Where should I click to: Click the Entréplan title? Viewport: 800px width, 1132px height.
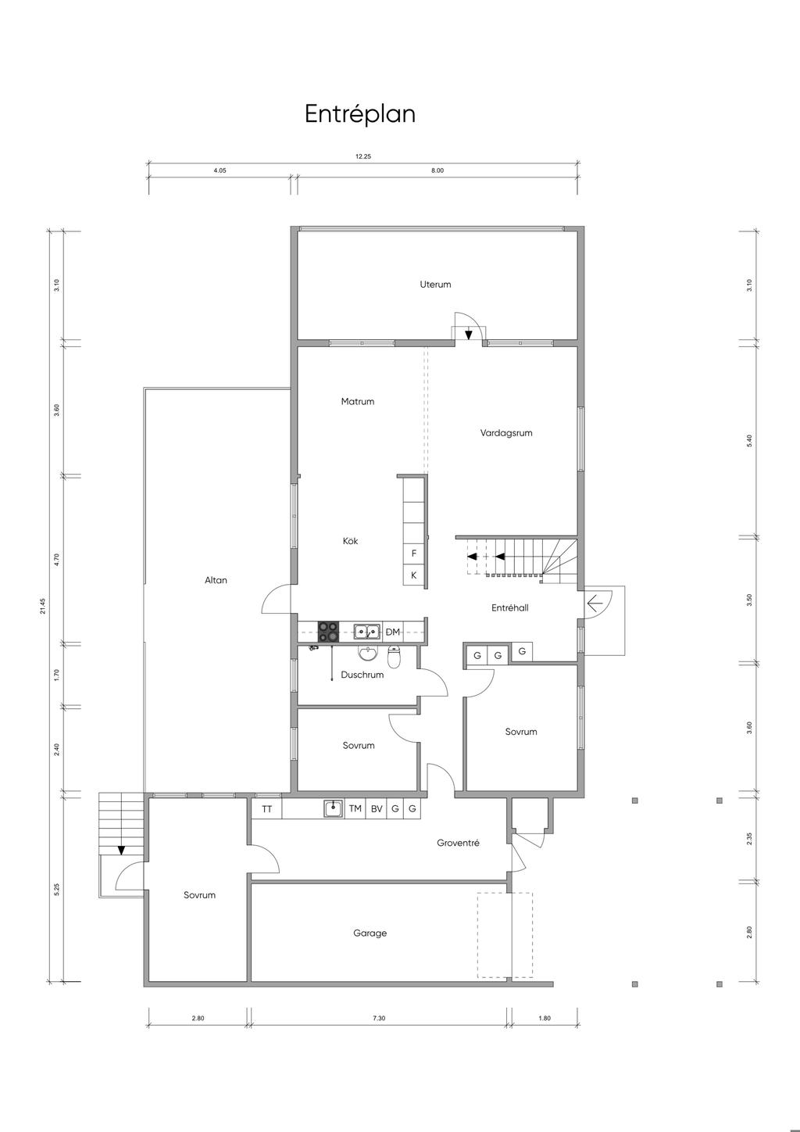pos(360,113)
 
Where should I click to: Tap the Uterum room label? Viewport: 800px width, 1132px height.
pos(435,285)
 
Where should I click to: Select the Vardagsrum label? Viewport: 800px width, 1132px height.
pos(506,433)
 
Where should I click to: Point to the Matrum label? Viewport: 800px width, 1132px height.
pos(358,402)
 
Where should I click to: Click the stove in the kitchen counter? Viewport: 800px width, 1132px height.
pos(328,632)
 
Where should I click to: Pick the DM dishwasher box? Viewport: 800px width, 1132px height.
pos(393,632)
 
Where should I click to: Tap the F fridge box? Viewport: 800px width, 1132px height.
pos(414,553)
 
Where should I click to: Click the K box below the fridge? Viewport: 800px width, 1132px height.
pos(414,575)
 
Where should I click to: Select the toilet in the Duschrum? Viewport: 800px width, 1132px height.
pos(394,656)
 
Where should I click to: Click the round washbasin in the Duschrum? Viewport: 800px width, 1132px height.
pos(369,654)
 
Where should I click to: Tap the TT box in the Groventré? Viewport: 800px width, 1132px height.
pos(267,808)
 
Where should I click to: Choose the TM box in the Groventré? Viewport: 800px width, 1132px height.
pos(355,808)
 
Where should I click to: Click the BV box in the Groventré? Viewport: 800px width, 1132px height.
pos(377,808)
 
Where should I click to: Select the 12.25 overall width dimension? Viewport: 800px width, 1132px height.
pos(363,156)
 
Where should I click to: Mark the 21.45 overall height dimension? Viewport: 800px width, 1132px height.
pos(43,606)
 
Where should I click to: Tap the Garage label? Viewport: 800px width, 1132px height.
pos(370,933)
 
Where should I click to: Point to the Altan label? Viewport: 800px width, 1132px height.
pos(216,580)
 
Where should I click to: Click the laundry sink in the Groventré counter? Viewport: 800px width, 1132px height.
pos(334,808)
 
